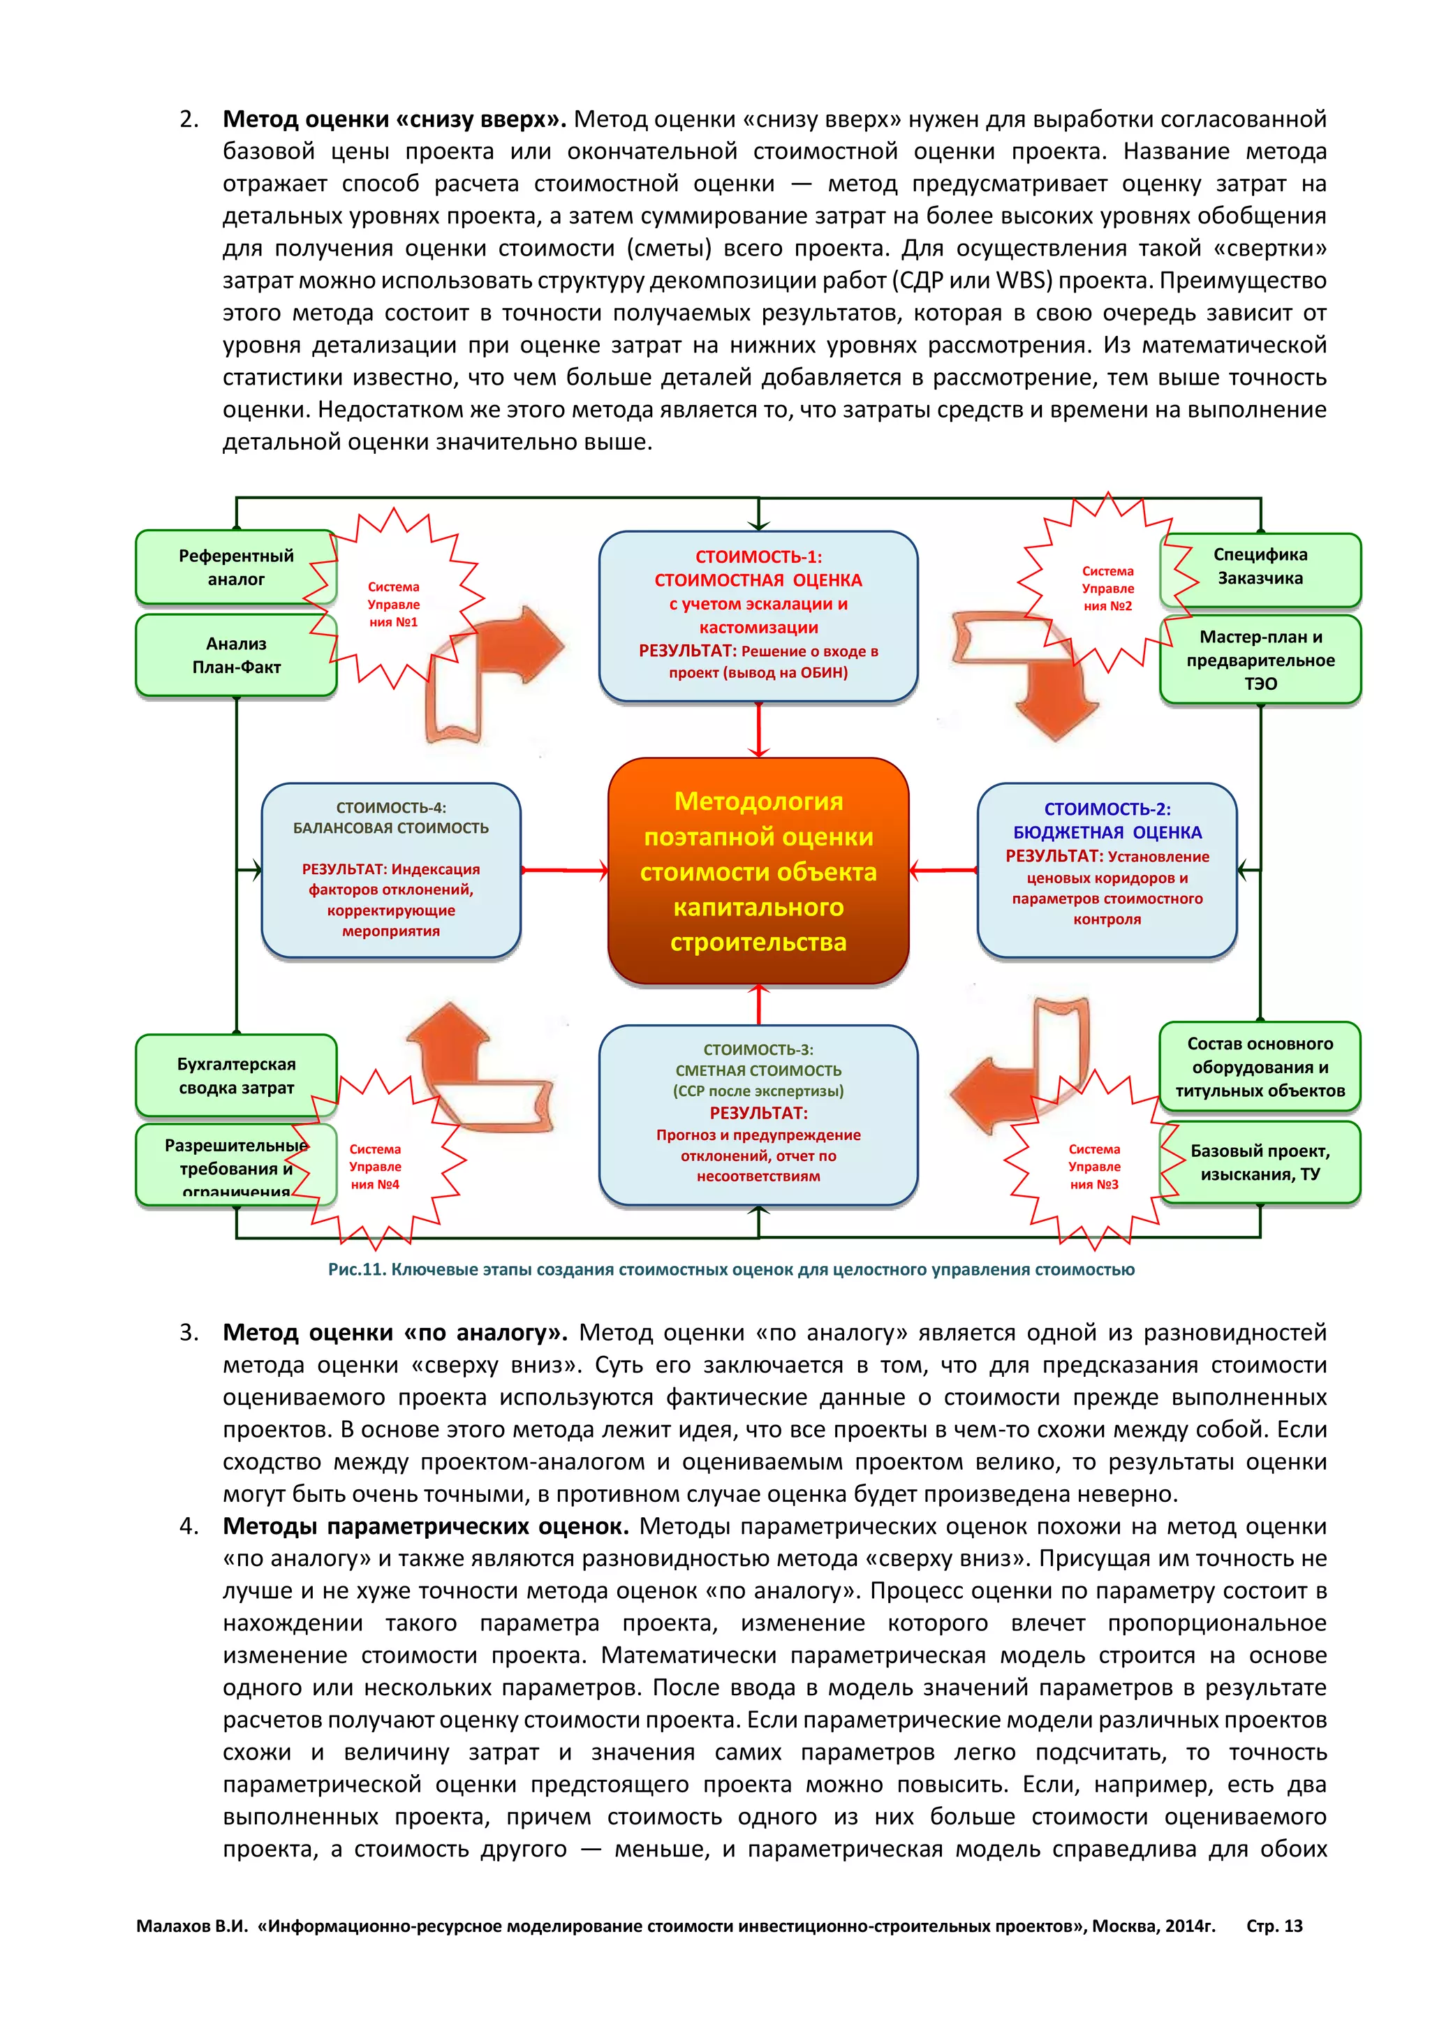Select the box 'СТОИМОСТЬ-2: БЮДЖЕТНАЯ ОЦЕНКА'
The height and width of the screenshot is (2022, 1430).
1107,869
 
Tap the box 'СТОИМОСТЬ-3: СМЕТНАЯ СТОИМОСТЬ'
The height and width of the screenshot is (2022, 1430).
758,1114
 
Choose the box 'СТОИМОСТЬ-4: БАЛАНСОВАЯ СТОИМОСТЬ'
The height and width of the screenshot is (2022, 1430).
391,869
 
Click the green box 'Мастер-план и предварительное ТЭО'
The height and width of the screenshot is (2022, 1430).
1261,660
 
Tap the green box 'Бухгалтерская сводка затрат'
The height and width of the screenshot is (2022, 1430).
236,1075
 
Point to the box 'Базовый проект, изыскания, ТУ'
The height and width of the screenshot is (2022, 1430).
1261,1162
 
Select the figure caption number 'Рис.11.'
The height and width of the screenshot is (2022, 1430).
357,1269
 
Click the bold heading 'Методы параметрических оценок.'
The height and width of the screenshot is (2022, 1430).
425,1526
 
